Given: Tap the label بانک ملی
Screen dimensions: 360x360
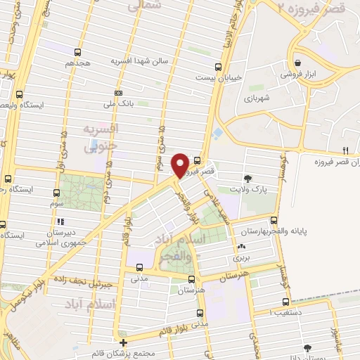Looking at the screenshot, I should pyautogui.click(x=98, y=103).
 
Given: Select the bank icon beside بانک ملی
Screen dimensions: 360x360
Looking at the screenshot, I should pyautogui.click(x=118, y=93).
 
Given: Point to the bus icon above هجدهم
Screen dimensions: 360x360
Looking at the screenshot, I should pyautogui.click(x=77, y=51).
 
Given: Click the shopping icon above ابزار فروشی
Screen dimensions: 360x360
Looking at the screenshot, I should pyautogui.click(x=297, y=62).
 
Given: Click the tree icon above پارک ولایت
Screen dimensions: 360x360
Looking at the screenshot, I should pyautogui.click(x=247, y=178).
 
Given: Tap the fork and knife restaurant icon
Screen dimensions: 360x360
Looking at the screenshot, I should pyautogui.click(x=345, y=150).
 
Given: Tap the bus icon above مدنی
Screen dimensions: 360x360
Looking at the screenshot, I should pyautogui.click(x=139, y=267).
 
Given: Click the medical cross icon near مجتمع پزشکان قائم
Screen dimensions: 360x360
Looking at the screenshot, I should pyautogui.click(x=124, y=342).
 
